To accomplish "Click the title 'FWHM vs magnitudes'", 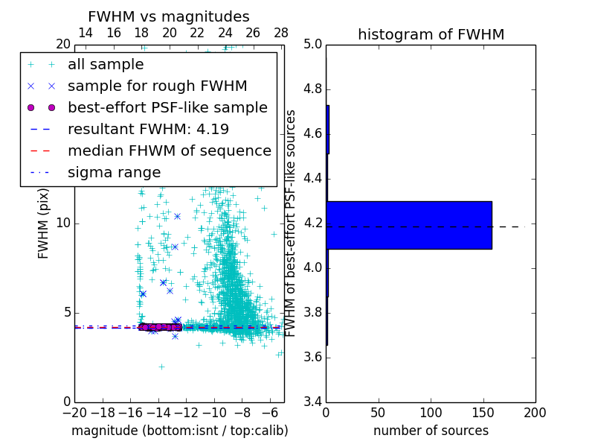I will coord(169,17).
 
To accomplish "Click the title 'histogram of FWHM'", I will coord(431,34).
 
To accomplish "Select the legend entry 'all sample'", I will coord(106,65).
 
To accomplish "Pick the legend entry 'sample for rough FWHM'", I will coord(157,86).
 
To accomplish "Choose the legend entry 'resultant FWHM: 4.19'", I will coord(148,130).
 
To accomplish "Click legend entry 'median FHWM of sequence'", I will coord(169,151).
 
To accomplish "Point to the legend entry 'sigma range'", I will coord(114,173).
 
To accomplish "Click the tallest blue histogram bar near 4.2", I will coord(409,225).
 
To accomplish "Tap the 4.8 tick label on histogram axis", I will coord(312,89).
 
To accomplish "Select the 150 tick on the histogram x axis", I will coord(483,412).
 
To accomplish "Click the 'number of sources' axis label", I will coord(431,431).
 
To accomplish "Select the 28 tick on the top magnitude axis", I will coord(281,33).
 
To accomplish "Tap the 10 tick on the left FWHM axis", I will coord(63,223).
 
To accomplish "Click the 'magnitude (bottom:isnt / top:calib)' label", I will coord(179,431).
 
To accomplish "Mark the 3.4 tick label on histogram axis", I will coord(312,402).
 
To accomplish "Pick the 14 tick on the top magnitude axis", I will coord(86,33).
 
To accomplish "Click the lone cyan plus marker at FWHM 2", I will coord(161,366).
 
